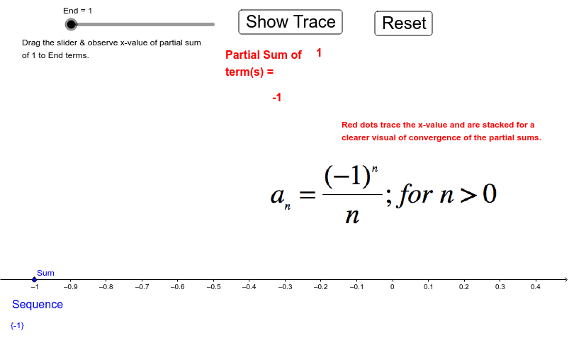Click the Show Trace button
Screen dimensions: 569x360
[x=291, y=22]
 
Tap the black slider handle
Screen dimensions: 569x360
[x=71, y=24]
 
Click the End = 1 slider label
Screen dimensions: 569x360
[x=78, y=11]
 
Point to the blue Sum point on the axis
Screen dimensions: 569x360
[x=35, y=279]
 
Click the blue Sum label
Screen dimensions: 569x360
[x=45, y=273]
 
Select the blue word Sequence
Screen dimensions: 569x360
[x=38, y=304]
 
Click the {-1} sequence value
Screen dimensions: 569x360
[x=17, y=325]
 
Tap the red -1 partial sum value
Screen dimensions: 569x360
[x=277, y=97]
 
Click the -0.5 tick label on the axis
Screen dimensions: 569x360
[x=213, y=287]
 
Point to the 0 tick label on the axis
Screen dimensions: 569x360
[x=393, y=287]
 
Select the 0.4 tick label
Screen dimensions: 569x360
[x=535, y=287]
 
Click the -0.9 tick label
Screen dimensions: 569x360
[x=70, y=287]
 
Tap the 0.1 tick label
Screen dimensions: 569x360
[x=428, y=287]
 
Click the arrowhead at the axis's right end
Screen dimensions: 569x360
[x=566, y=279]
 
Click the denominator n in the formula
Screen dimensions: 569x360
[x=352, y=216]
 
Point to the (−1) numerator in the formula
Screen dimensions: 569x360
[x=347, y=176]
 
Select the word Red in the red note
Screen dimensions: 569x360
[x=349, y=125]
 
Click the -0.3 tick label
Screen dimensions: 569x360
[x=285, y=287]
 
